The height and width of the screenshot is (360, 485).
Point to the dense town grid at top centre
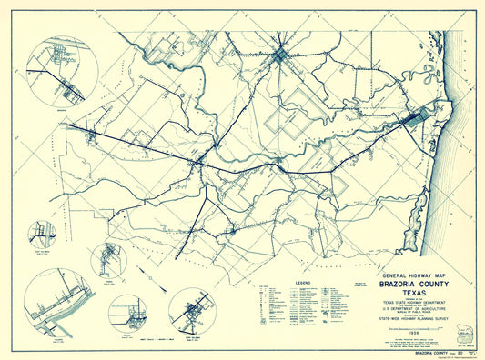(281, 56)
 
